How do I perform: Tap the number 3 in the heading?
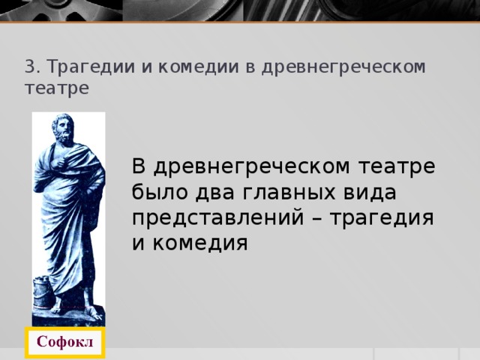(x=28, y=67)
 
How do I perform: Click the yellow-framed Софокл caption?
(x=65, y=343)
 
